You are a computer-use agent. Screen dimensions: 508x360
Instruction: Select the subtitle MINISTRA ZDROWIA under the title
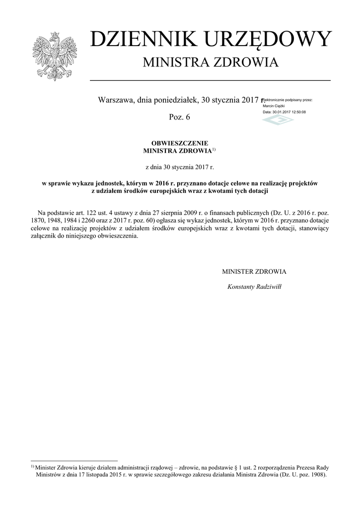tap(211, 63)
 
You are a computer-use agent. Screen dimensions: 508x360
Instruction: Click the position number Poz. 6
tap(179, 118)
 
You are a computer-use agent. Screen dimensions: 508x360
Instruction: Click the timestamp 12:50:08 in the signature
tap(296, 112)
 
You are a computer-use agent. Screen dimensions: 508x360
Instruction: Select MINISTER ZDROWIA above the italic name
tap(254, 272)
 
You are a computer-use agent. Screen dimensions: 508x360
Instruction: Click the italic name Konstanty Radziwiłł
tap(254, 286)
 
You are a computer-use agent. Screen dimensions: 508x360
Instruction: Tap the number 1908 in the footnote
tap(317, 474)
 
